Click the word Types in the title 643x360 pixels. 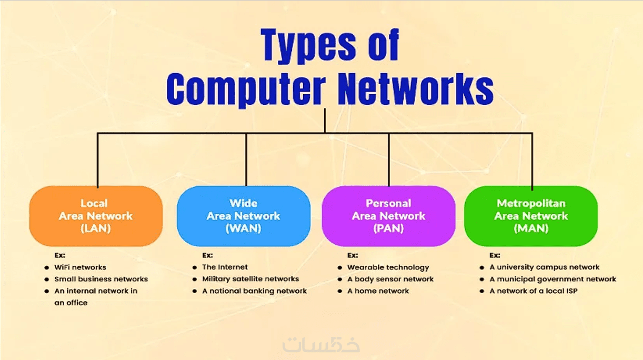pos(308,46)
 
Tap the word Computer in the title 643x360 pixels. pos(246,89)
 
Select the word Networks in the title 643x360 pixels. pos(416,88)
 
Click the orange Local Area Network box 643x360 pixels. pos(96,216)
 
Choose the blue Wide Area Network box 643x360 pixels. pos(244,216)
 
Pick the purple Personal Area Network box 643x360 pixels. pos(388,216)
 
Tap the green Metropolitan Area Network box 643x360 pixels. pos(531,216)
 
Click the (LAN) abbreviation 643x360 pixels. pos(96,228)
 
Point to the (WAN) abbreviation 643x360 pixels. pos(244,228)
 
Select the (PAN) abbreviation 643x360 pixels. pos(388,228)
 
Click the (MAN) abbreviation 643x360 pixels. pos(531,228)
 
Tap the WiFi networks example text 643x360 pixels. pos(81,267)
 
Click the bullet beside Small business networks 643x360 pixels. pos(47,279)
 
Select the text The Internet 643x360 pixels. pos(225,267)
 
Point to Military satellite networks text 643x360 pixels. pos(250,279)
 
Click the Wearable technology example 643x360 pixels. pos(388,267)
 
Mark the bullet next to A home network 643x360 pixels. pos(340,291)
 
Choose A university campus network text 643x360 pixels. pos(545,267)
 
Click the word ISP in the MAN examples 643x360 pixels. pos(572,291)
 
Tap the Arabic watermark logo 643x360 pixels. pos(321,345)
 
